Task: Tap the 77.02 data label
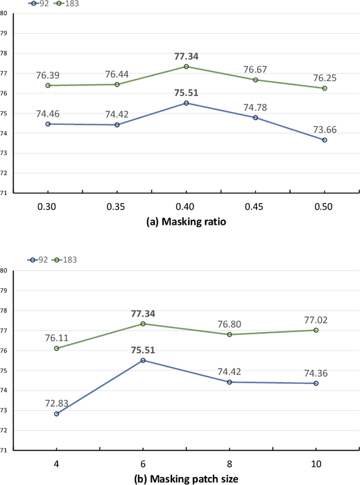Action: click(315, 319)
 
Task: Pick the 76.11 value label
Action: click(56, 337)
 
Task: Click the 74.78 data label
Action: click(255, 107)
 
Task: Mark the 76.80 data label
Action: click(229, 324)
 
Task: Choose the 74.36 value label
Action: click(316, 371)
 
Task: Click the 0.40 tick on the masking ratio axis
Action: click(186, 206)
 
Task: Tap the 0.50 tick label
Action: click(324, 206)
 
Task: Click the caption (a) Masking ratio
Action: click(186, 222)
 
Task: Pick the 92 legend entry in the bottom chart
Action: click(38, 259)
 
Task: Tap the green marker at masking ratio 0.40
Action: click(186, 66)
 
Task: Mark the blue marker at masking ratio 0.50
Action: click(324, 140)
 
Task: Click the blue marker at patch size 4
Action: click(57, 414)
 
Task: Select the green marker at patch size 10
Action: click(315, 330)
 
